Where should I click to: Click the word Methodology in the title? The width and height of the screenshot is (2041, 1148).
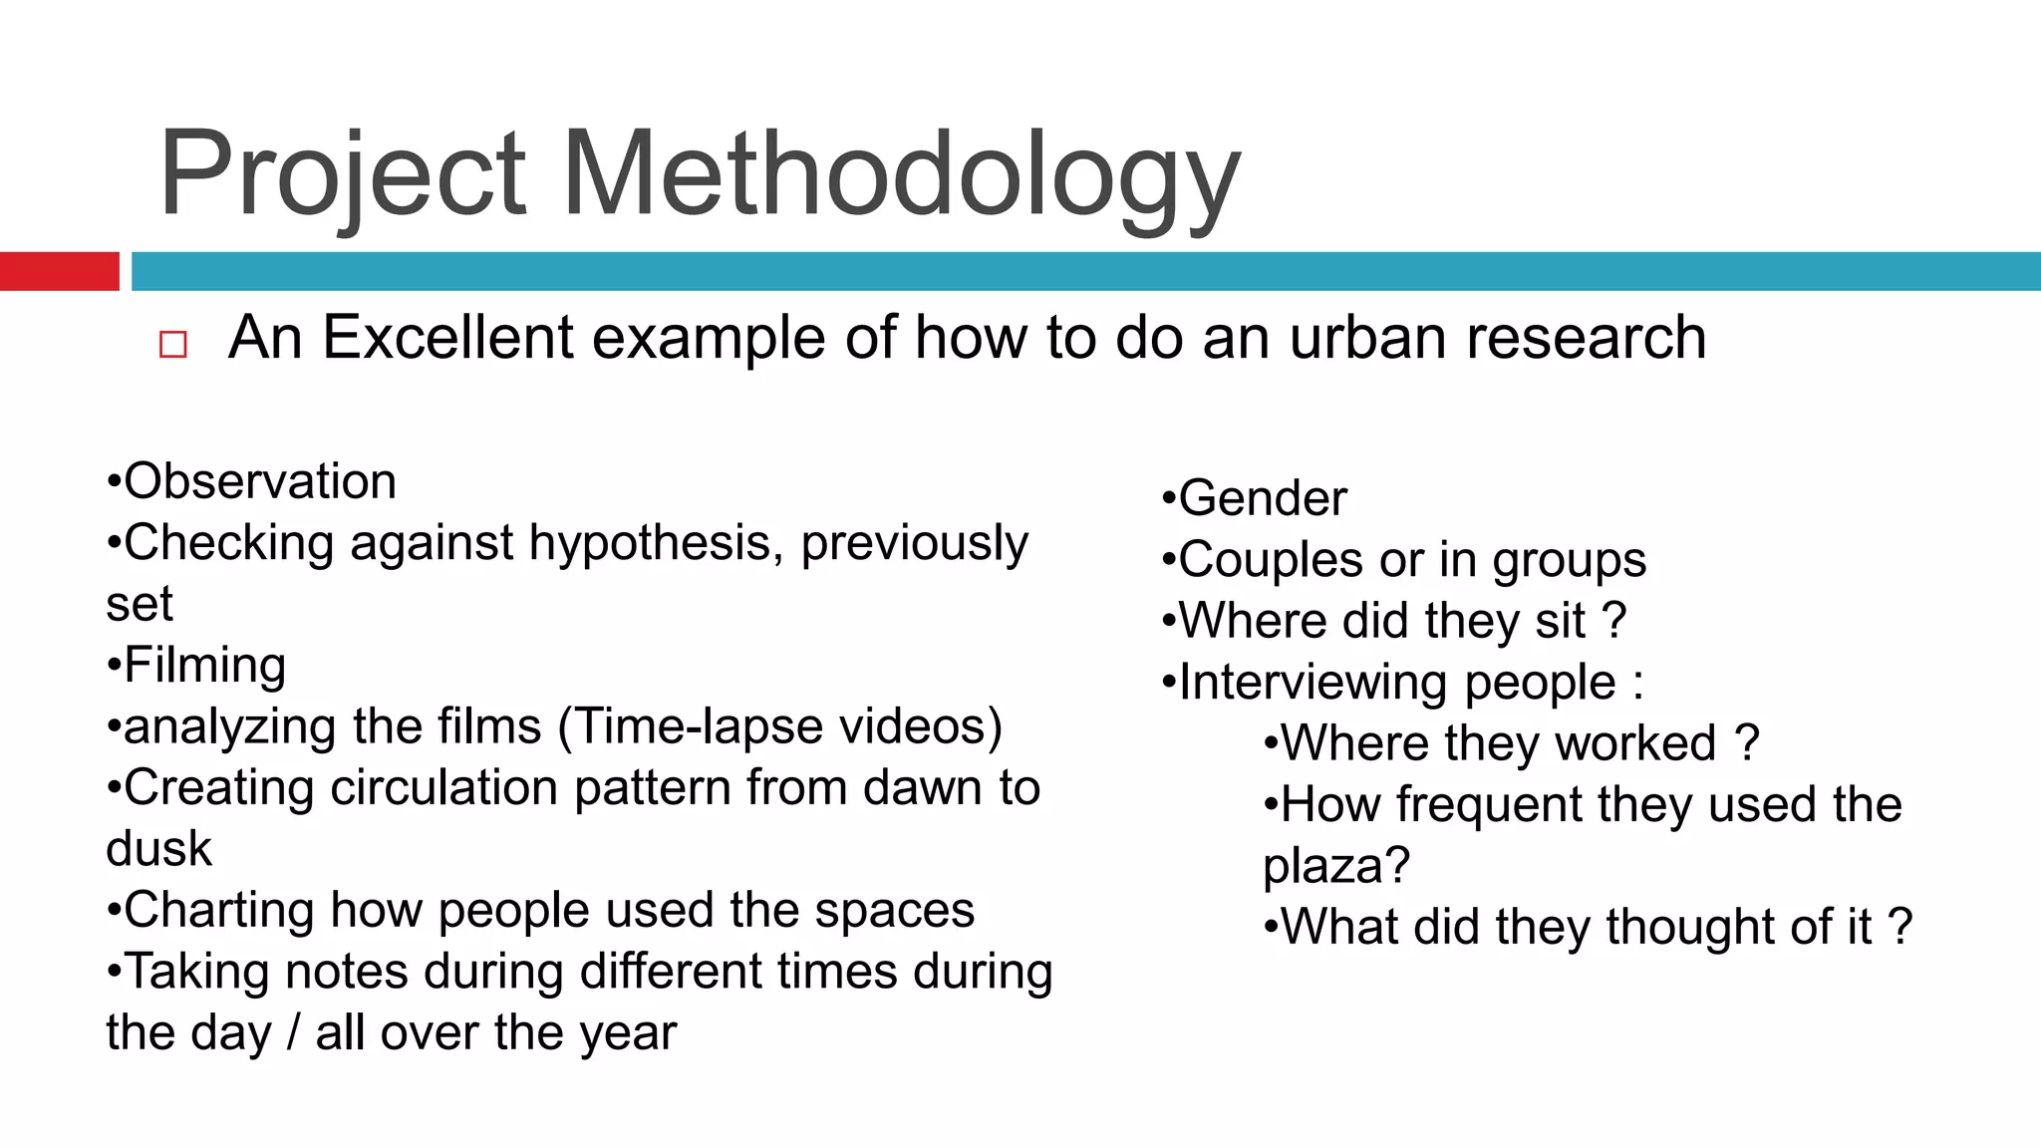(902, 174)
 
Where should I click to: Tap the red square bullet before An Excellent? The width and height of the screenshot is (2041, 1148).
(172, 345)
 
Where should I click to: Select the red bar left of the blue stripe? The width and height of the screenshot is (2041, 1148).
(59, 271)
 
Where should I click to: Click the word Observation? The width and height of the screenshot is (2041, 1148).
(260, 481)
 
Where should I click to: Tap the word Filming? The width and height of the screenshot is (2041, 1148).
(205, 665)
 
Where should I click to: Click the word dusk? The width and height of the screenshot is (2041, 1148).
(159, 849)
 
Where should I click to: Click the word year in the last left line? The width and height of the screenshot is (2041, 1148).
(628, 1032)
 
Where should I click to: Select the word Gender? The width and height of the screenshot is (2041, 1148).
(1263, 498)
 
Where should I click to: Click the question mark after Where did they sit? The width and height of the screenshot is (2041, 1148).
(1614, 621)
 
